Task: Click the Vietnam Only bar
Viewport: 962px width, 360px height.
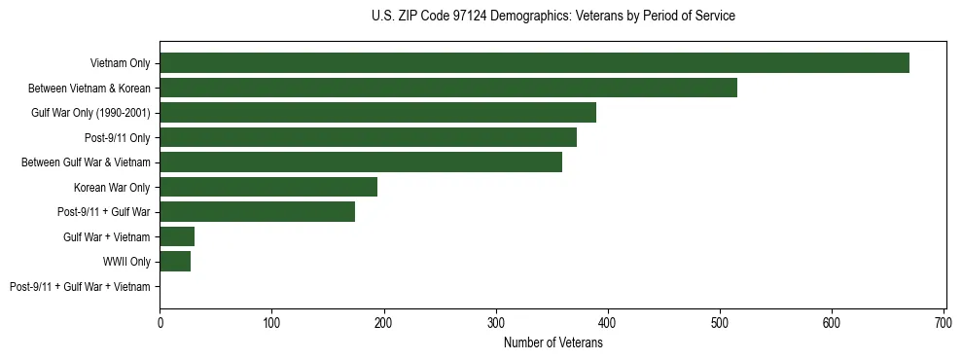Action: pos(534,63)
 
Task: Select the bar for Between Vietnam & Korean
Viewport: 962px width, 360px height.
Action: pos(448,88)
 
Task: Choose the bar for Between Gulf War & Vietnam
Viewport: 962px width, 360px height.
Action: pos(361,162)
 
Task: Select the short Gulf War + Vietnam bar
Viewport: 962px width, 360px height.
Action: pos(177,236)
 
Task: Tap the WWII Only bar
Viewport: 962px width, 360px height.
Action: pos(175,262)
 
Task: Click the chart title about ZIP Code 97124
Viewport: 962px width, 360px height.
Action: pos(553,17)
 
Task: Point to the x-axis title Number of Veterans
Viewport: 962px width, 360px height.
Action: pos(553,343)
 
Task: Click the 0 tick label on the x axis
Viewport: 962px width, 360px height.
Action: pos(160,321)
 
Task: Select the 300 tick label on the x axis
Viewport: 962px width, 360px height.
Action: pos(496,321)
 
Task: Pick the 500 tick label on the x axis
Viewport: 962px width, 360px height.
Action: pos(720,321)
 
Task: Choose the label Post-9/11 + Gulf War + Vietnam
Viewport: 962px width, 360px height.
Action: pos(80,287)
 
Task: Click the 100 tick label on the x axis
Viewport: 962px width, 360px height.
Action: pos(271,321)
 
